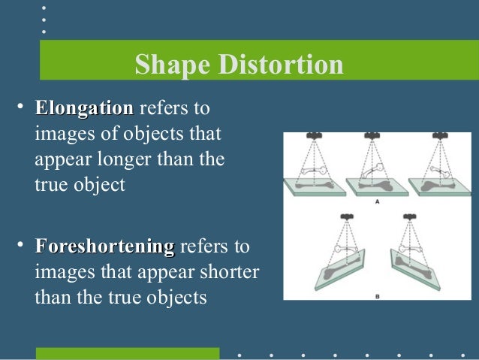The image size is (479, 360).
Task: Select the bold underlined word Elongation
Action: [x=84, y=108]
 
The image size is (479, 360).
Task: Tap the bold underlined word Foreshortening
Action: [x=104, y=247]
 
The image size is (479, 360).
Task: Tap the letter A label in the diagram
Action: [x=375, y=202]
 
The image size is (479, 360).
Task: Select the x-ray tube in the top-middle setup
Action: [x=371, y=137]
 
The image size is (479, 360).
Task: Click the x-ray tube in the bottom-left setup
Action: [x=346, y=216]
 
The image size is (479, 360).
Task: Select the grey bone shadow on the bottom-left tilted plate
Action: [x=330, y=267]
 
